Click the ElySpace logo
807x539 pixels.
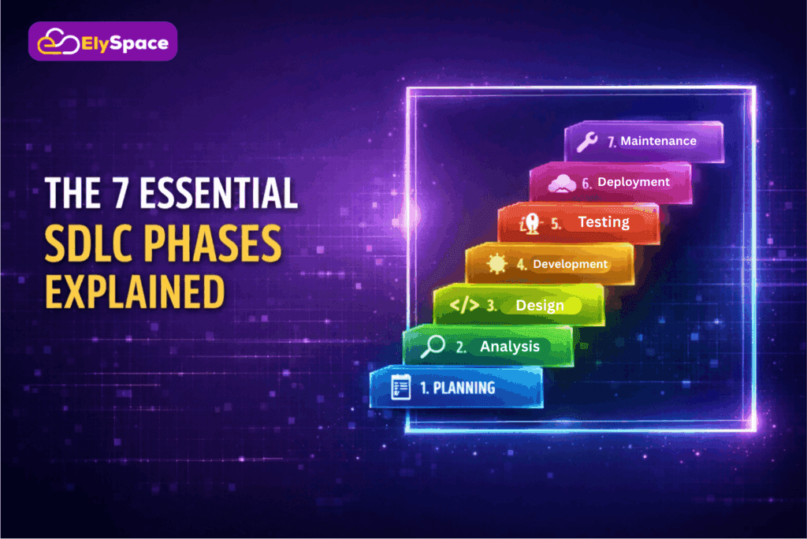[x=102, y=41]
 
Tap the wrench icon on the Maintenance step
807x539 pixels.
[x=587, y=142]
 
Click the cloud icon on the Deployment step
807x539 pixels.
[x=561, y=183]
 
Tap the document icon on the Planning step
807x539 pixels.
[x=400, y=388]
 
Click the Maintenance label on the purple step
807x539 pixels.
[x=658, y=141]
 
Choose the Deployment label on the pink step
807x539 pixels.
[x=634, y=182]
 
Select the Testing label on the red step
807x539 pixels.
[x=604, y=222]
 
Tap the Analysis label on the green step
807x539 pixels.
[x=510, y=347]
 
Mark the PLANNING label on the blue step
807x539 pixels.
[x=464, y=388]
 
